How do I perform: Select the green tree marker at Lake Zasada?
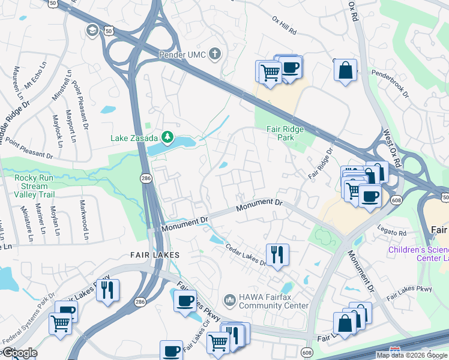click(x=168, y=137)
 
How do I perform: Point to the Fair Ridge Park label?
click(x=285, y=133)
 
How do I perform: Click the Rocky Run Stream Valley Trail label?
click(x=31, y=186)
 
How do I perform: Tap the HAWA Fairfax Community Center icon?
click(x=229, y=299)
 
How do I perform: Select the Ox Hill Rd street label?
click(x=284, y=28)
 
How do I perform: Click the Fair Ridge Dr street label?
click(x=320, y=163)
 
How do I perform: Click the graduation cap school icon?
click(x=92, y=30)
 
